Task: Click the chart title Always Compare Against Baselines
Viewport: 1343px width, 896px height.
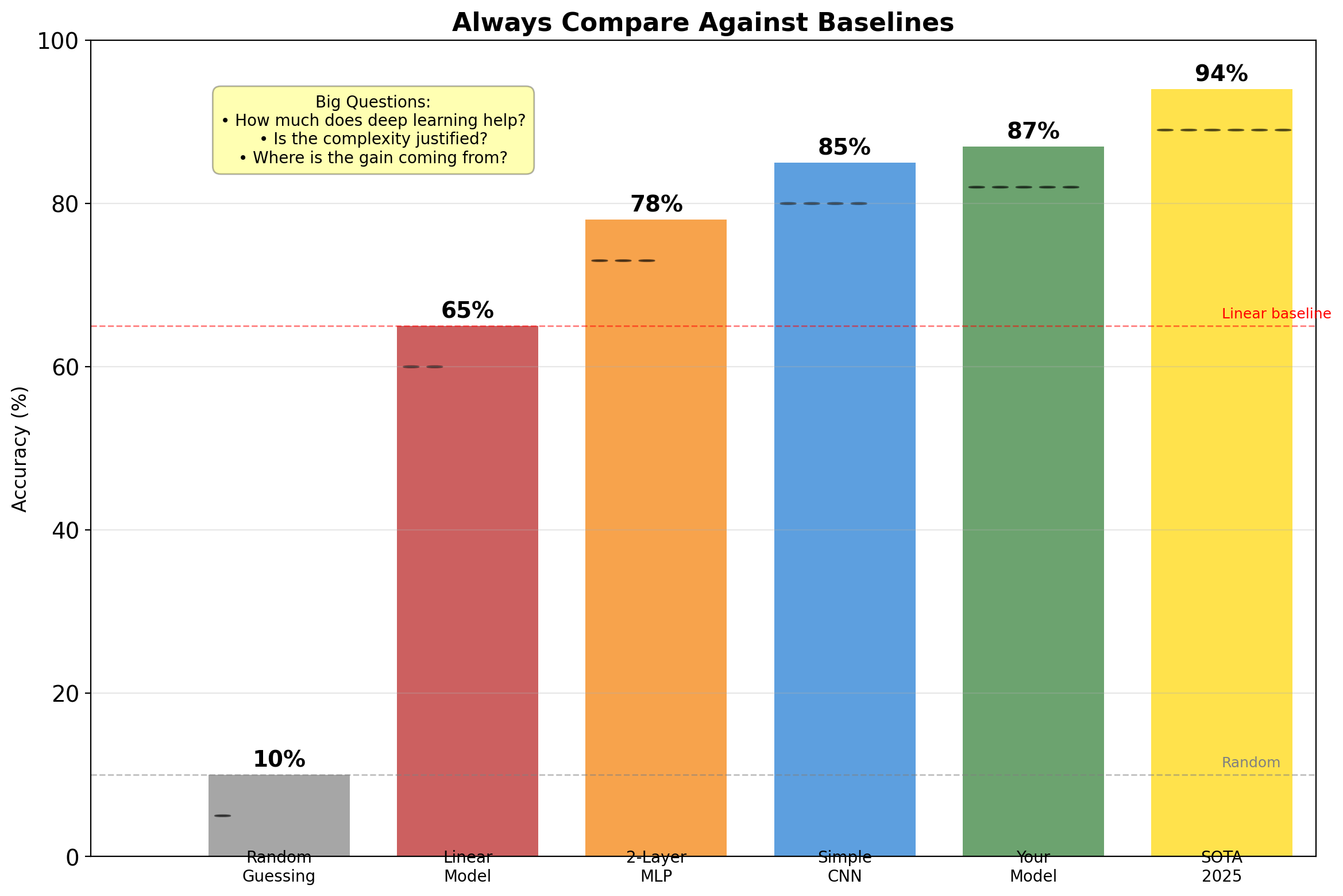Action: [703, 23]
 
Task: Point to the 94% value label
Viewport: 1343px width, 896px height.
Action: [1221, 74]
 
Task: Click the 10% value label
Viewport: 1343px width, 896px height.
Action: [279, 760]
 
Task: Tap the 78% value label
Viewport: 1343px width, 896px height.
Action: [656, 205]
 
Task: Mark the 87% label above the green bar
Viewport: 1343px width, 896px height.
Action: [1033, 132]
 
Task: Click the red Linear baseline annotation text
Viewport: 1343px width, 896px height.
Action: [1276, 314]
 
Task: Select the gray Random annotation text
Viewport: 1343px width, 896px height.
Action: [1251, 763]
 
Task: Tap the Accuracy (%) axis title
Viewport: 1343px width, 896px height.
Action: [20, 449]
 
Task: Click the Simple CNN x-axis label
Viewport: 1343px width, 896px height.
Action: [844, 867]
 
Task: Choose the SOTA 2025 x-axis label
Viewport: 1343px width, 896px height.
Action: [1221, 867]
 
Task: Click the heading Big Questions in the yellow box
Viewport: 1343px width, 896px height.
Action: [373, 102]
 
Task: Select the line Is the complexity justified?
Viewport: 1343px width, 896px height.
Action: [373, 139]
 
